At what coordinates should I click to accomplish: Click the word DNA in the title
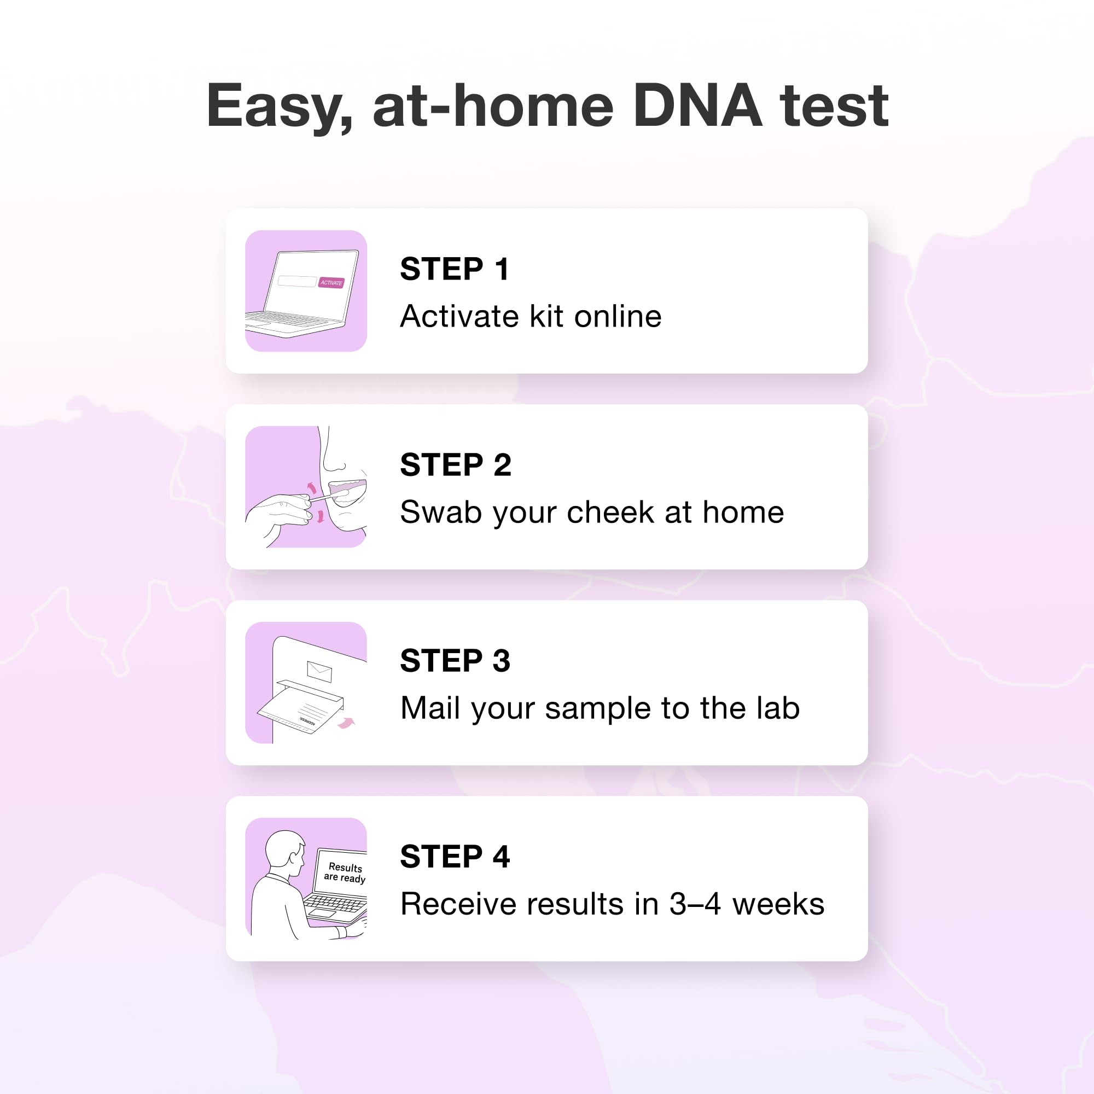click(x=697, y=106)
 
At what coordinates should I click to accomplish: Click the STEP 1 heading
click(x=454, y=269)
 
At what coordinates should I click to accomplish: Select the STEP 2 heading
click(x=455, y=465)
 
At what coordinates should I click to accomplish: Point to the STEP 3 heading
click(x=455, y=661)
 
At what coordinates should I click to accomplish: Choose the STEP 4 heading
click(x=455, y=857)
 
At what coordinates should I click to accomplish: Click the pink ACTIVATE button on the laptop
click(x=331, y=283)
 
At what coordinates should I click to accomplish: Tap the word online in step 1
click(x=618, y=317)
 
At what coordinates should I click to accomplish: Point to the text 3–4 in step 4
click(x=695, y=904)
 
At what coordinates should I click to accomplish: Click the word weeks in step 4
click(x=778, y=904)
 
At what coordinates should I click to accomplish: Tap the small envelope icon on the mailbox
click(x=319, y=671)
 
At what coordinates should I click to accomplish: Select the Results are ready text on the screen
click(x=345, y=872)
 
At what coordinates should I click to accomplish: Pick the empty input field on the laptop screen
click(x=296, y=281)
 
